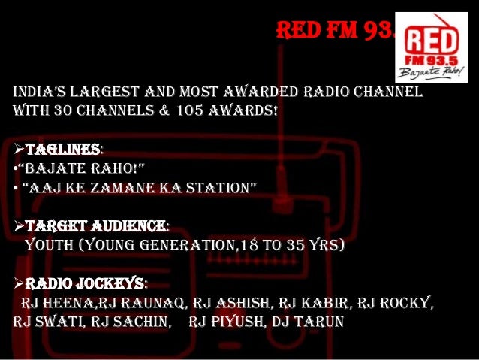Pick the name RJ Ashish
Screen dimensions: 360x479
233,303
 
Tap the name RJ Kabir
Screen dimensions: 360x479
315,303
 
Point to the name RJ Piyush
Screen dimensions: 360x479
224,322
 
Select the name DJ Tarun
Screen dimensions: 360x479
309,322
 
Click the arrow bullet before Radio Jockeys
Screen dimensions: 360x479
19,283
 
